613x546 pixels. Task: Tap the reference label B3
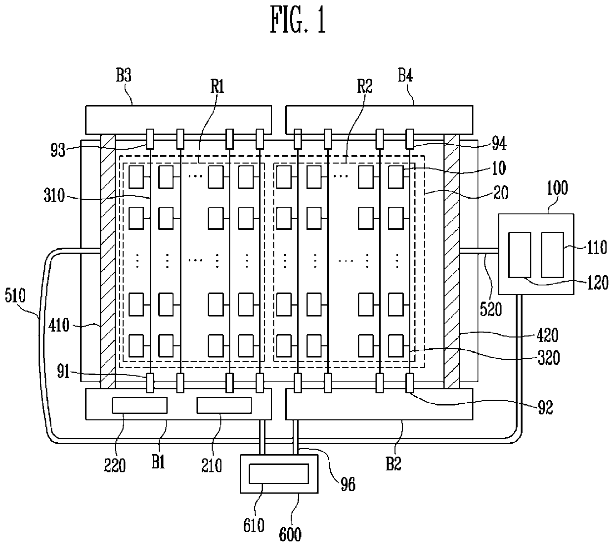coord(124,75)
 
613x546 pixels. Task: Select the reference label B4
coord(405,75)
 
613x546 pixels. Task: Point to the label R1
coord(217,86)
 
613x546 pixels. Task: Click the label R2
coord(364,86)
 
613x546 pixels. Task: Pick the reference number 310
coord(54,195)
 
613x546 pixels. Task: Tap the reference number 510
coord(15,295)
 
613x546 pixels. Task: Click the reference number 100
coord(557,188)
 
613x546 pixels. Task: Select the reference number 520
coord(491,309)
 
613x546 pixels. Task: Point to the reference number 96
coord(348,484)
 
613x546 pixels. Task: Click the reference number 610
coord(254,525)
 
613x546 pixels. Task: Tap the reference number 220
coord(115,465)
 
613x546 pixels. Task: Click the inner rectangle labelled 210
coord(224,405)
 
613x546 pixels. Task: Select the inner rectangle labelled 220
coord(139,405)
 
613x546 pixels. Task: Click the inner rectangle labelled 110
coord(552,254)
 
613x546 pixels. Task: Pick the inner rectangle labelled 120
coord(520,254)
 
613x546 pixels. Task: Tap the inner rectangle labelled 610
coord(279,474)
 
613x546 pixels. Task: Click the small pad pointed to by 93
coord(150,139)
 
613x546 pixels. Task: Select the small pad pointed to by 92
coord(409,383)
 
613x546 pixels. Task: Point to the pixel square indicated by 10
coord(396,177)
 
